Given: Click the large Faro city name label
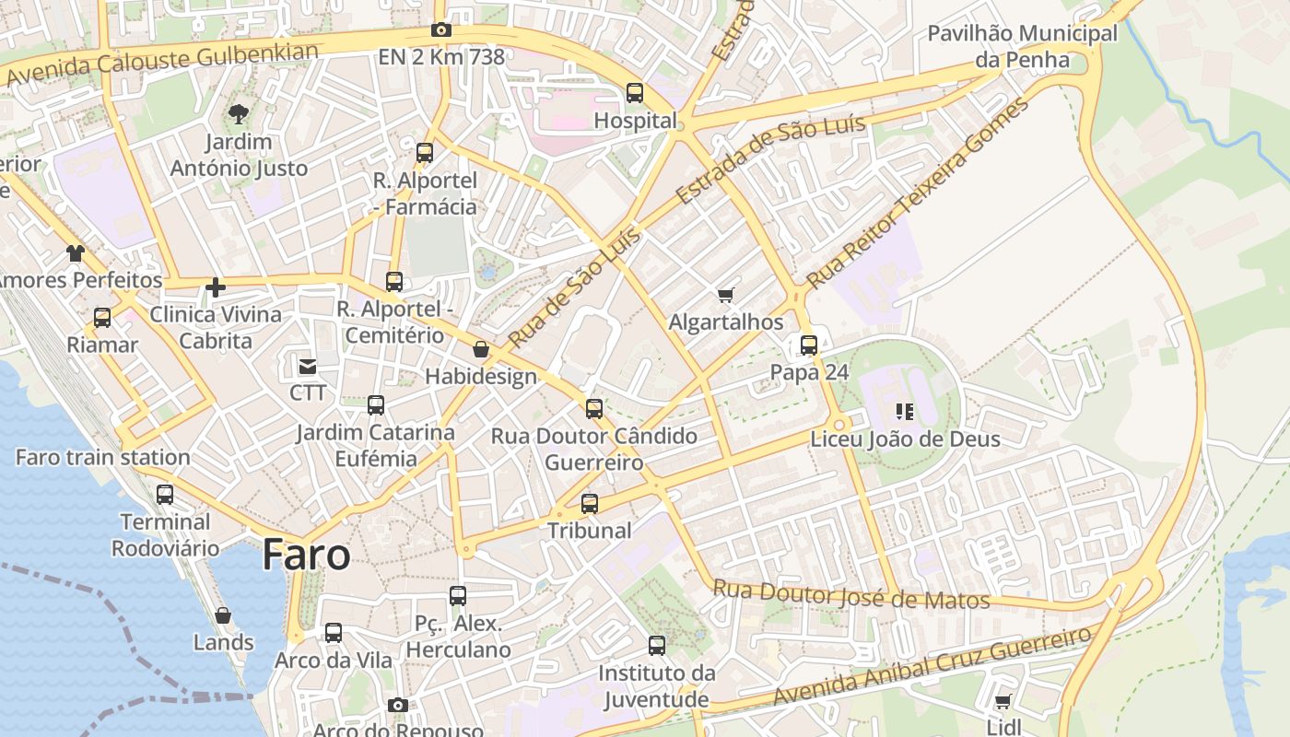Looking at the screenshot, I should click(306, 556).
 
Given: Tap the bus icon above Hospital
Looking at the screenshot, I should click(635, 93).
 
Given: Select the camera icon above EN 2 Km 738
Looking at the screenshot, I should click(441, 29).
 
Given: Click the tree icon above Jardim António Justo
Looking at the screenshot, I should click(239, 114).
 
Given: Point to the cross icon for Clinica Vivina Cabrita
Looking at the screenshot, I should click(216, 287).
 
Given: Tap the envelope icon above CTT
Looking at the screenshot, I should click(308, 367).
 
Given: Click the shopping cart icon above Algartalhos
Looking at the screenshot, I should click(726, 295).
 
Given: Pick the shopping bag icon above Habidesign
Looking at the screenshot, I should click(481, 349).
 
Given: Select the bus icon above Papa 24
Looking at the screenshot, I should click(809, 345).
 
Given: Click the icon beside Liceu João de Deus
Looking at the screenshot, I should click(904, 412).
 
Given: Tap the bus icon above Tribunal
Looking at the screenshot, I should click(590, 504).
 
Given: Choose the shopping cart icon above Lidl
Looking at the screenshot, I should click(1003, 701).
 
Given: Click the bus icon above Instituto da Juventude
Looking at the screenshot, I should click(657, 646).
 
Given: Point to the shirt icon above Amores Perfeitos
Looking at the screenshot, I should click(76, 252).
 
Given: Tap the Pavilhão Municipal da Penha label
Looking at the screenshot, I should click(1022, 47).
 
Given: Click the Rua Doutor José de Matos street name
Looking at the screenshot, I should click(851, 595).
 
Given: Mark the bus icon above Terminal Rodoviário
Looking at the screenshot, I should click(165, 495).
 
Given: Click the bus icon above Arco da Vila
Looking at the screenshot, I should click(334, 633).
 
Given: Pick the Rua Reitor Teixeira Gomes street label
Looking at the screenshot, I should click(917, 193).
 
